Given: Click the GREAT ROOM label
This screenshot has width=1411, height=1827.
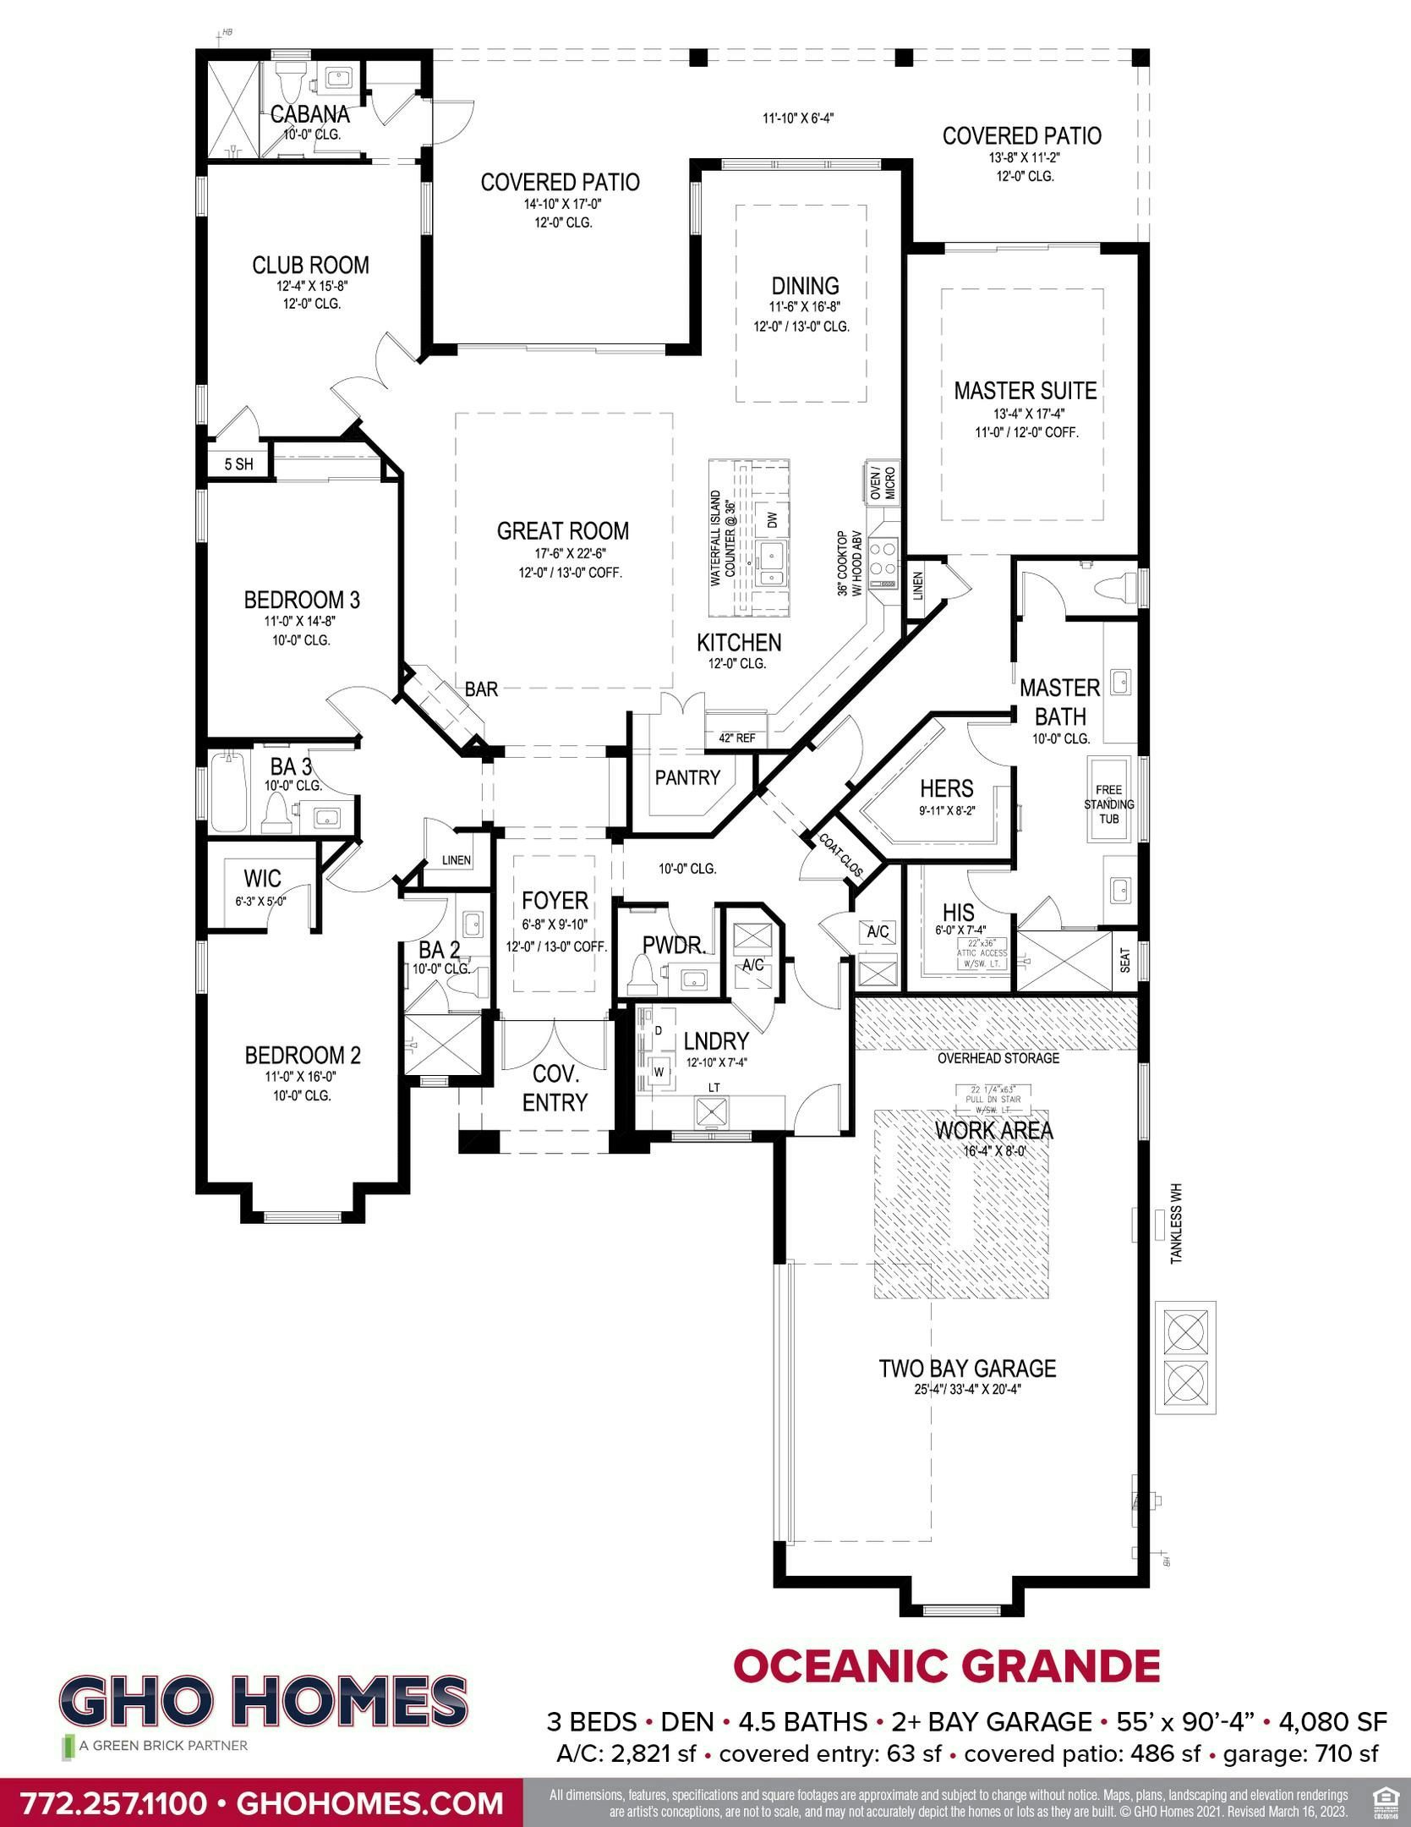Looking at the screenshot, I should coord(562,531).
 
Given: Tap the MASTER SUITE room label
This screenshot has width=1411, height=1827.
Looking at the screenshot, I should coord(1025,391).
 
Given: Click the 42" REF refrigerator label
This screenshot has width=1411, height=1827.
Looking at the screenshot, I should coord(736,738).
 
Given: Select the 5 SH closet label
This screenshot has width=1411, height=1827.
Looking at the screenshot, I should coord(238,464).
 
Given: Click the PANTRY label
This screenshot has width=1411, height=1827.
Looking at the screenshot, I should coord(687,777).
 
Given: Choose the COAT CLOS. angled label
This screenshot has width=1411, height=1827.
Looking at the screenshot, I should coord(840,855).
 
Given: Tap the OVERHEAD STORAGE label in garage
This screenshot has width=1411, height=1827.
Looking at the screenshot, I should coord(998,1058).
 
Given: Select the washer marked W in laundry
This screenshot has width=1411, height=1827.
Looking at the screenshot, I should coord(657,1072).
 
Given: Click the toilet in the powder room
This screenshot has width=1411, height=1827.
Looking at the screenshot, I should coord(643,979).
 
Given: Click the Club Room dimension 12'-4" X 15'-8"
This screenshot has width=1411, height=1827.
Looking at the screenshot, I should coord(312,287).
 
